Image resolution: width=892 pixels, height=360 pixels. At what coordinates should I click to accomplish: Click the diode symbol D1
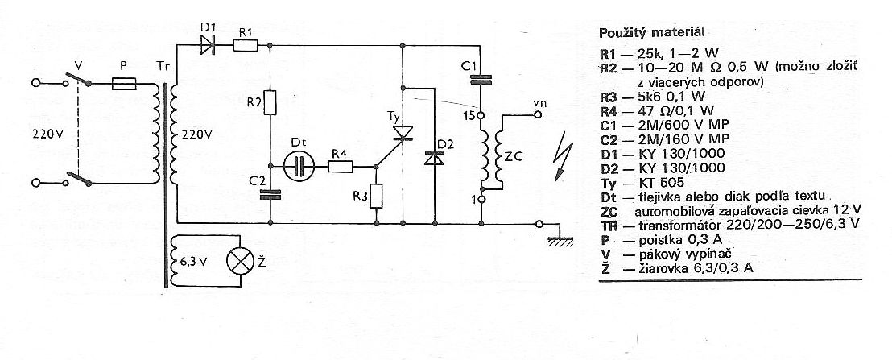pyautogui.click(x=209, y=45)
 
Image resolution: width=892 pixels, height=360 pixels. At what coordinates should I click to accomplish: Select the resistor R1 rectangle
pyautogui.click(x=246, y=45)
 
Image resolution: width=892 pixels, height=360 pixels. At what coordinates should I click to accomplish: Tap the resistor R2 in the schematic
pyautogui.click(x=270, y=102)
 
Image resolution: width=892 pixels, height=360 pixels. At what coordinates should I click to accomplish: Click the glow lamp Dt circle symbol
pyautogui.click(x=299, y=166)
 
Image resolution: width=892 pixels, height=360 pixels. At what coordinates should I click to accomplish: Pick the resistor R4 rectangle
pyautogui.click(x=341, y=166)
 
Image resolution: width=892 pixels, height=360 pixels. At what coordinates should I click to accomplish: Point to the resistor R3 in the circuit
pyautogui.click(x=376, y=197)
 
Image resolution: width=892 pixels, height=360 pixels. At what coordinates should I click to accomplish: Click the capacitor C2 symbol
pyautogui.click(x=270, y=195)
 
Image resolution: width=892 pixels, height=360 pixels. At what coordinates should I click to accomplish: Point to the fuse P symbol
pyautogui.click(x=124, y=85)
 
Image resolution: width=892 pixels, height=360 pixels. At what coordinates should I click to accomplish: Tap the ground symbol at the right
pyautogui.click(x=560, y=239)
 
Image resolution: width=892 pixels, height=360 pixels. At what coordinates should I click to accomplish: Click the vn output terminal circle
pyautogui.click(x=537, y=114)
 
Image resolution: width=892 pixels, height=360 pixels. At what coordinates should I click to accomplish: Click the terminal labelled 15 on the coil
pyautogui.click(x=481, y=116)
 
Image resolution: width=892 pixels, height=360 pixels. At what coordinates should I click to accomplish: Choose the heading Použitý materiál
pyautogui.click(x=653, y=32)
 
